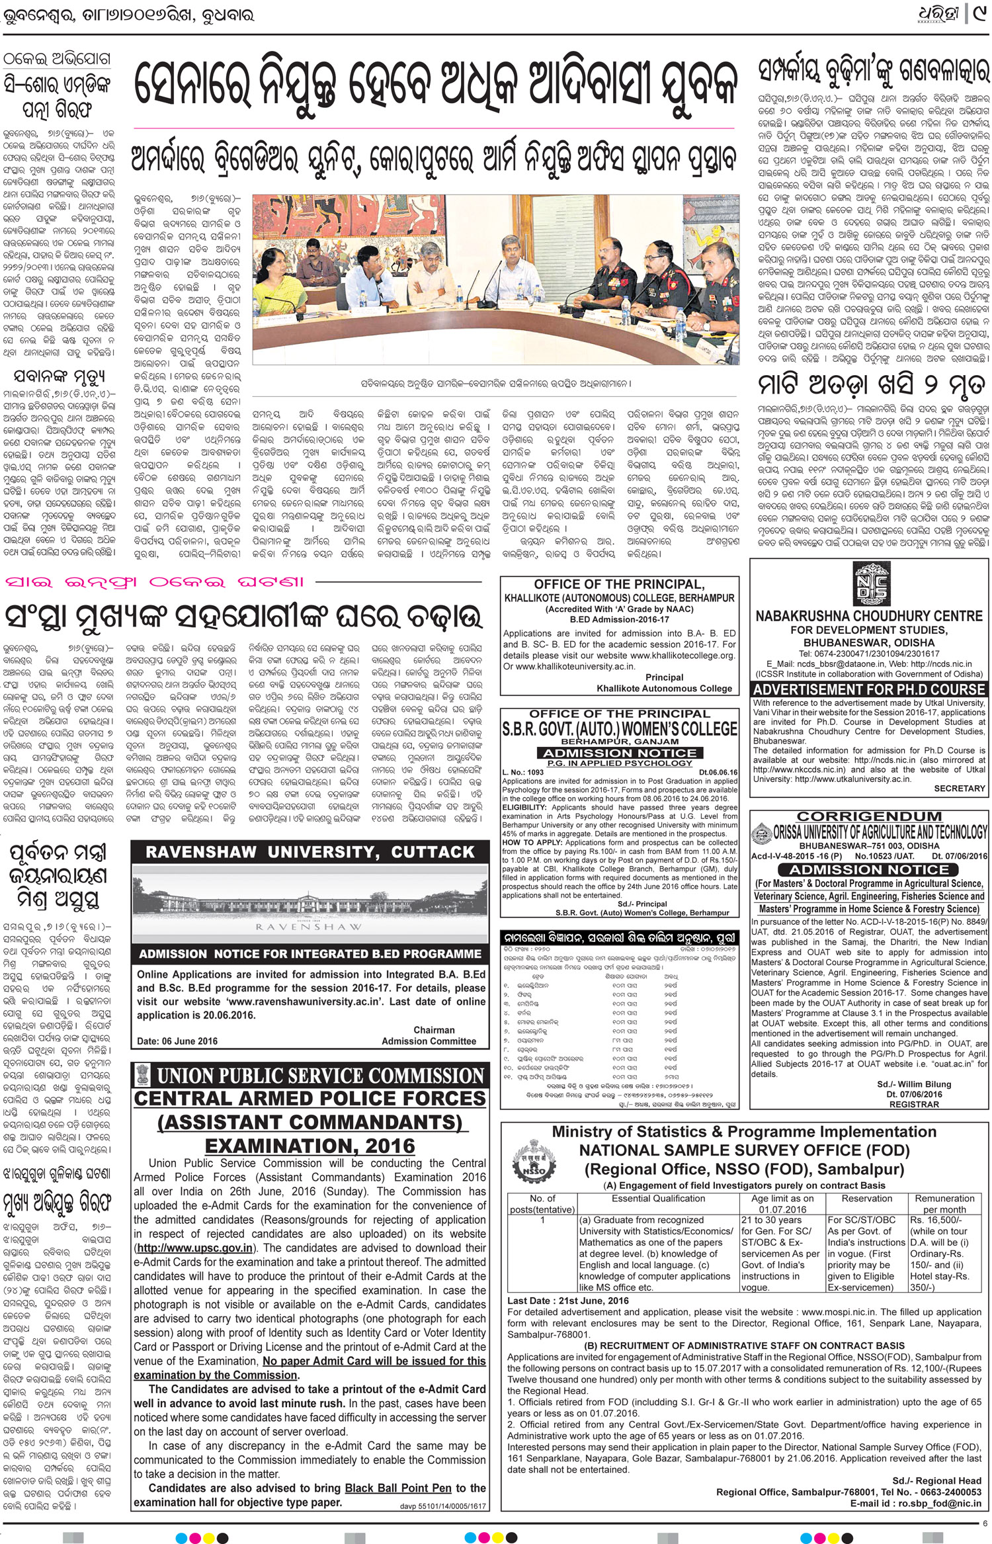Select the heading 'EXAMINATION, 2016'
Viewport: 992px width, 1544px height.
click(310, 1145)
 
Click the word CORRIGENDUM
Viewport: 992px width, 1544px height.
click(869, 816)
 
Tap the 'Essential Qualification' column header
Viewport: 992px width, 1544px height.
click(659, 1198)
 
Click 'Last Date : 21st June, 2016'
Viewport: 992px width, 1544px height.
click(568, 1301)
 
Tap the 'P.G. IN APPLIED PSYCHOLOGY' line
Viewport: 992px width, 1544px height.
click(619, 763)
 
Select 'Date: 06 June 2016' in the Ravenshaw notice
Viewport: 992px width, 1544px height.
click(177, 1041)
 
